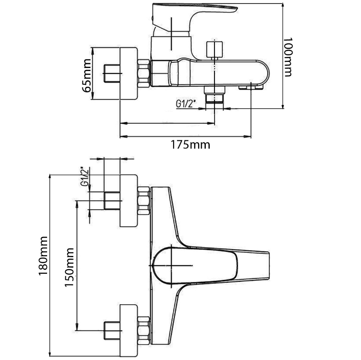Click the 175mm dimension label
pos(191,144)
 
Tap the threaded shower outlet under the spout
pos(215,94)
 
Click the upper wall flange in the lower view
pos(129,200)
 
